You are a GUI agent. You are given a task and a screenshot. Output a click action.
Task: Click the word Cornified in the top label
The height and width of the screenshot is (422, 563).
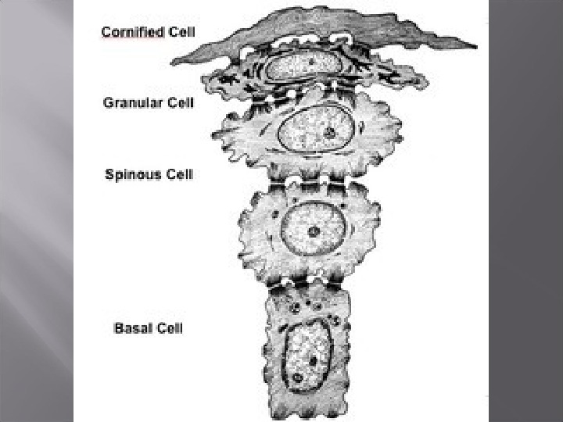tap(132, 32)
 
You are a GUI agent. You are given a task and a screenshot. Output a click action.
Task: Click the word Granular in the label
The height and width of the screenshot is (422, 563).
tap(130, 102)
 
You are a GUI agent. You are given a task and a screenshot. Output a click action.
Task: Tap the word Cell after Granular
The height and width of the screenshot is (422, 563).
tap(177, 102)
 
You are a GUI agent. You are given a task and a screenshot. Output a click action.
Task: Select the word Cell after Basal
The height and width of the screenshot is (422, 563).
tap(168, 327)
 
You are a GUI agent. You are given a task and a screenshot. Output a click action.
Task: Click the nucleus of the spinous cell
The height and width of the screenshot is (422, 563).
tap(313, 227)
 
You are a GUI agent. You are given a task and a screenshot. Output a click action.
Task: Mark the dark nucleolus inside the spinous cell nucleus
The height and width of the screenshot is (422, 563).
tap(313, 231)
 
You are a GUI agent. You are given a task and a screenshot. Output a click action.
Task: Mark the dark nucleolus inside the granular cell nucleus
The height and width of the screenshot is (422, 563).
tap(331, 132)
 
